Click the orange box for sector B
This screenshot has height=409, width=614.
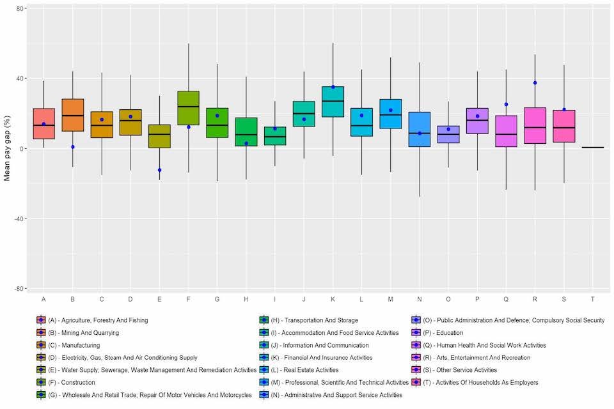(73, 115)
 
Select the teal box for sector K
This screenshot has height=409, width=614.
(333, 102)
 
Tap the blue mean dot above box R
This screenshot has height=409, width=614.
(535, 82)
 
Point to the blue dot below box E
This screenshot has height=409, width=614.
(159, 170)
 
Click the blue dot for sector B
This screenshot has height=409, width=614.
(73, 147)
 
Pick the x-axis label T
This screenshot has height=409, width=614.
(593, 299)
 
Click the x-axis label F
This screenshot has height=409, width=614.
(188, 299)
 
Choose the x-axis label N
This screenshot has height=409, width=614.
(420, 299)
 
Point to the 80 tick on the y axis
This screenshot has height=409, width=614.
(20, 9)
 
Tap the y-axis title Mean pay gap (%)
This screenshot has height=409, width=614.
(8, 148)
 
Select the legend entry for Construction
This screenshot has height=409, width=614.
(71, 382)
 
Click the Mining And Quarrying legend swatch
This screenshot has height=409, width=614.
(41, 332)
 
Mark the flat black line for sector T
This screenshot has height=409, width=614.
(593, 148)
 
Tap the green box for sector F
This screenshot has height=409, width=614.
(188, 108)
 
